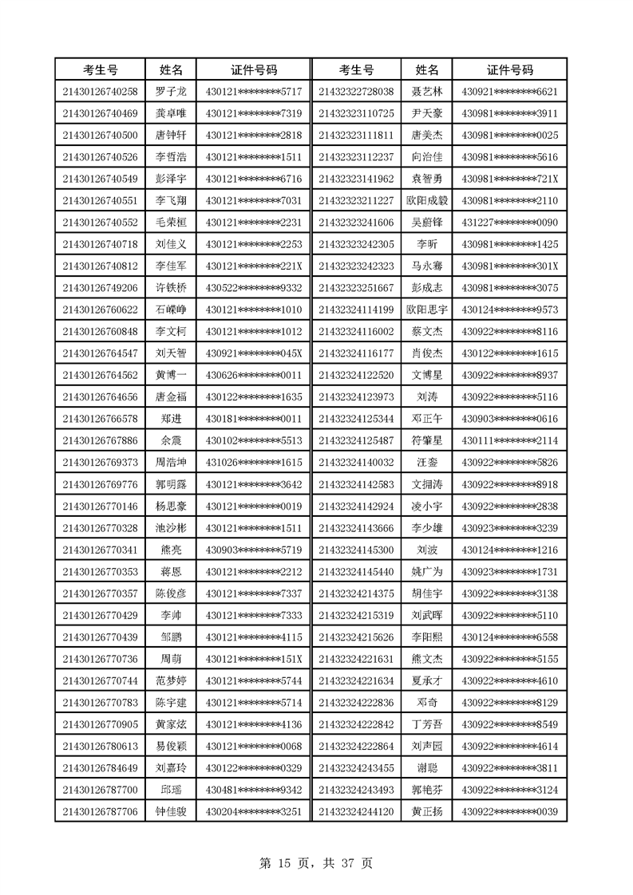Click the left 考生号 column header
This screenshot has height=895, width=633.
(x=101, y=70)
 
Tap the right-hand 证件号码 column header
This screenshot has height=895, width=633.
(x=510, y=70)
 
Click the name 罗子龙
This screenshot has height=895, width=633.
(x=171, y=92)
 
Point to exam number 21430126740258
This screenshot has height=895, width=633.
(x=101, y=92)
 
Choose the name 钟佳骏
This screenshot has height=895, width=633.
(x=171, y=811)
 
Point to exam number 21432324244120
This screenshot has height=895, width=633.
(x=356, y=811)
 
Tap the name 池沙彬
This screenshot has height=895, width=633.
(x=171, y=528)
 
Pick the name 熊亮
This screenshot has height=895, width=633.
(x=171, y=550)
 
